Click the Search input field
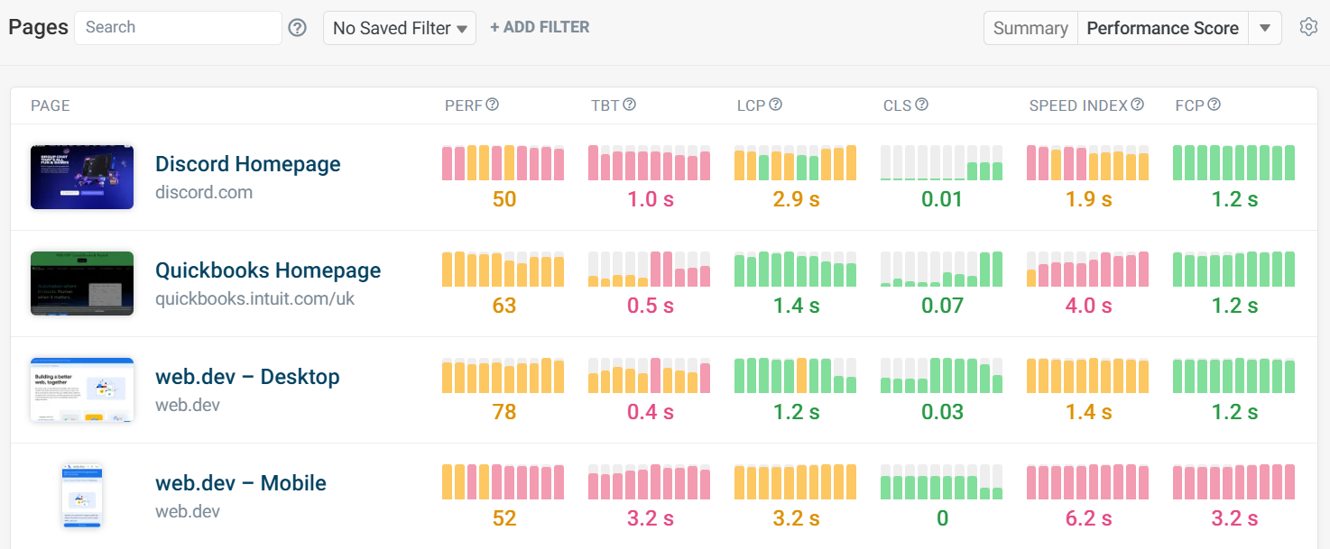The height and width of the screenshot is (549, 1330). (178, 28)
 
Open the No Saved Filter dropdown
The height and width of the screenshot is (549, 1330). (400, 28)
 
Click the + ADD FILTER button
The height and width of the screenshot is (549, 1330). (540, 28)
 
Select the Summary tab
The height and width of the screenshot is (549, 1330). (1030, 28)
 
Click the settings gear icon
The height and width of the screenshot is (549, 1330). (1308, 27)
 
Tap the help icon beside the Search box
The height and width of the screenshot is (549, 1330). (298, 28)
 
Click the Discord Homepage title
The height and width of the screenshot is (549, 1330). (248, 164)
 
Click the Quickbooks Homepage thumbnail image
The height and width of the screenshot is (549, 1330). (82, 283)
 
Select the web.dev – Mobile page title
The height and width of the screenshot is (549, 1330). (241, 483)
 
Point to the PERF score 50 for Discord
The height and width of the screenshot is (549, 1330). (503, 199)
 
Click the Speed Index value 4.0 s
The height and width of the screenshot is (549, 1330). (1088, 306)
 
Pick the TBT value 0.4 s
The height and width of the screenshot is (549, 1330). (650, 412)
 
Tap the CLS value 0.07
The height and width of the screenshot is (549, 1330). (942, 306)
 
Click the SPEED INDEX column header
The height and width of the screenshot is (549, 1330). (1078, 105)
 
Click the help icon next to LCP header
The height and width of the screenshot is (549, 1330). (775, 105)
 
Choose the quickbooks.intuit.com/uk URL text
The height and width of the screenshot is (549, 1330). (255, 298)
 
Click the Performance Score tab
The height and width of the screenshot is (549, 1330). (1162, 28)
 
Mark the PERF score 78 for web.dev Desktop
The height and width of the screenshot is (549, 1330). (503, 412)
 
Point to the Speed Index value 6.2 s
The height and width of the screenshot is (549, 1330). (1088, 518)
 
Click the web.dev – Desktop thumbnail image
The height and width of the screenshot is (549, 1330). (82, 389)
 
